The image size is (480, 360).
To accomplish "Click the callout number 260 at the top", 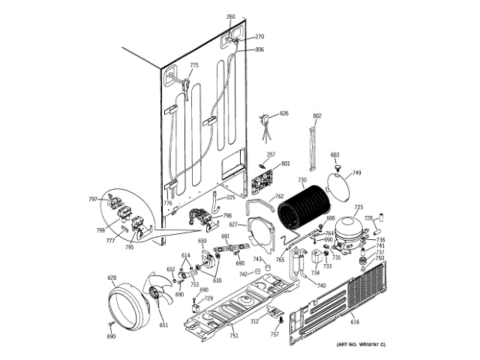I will point(231,16).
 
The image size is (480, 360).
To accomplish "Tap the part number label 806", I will point(259,50).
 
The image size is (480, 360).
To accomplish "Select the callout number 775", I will point(194,66).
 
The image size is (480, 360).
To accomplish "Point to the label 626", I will point(283,113).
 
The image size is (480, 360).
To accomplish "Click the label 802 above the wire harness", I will point(316,115).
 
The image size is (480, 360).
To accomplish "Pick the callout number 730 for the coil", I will point(301,181).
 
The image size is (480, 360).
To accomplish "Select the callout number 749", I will point(357,173).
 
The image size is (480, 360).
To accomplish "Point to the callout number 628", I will point(112,278).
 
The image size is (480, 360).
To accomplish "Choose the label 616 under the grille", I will point(355,322).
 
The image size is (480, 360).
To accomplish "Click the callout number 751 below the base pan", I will point(234,335).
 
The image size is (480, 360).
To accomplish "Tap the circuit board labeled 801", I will point(262,181).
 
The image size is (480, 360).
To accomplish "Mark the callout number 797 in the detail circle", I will point(93,199).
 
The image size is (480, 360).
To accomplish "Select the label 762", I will point(279,197).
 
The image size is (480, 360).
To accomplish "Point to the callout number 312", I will point(254,322).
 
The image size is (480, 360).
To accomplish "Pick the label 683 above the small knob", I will point(335,154).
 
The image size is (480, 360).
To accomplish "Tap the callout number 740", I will point(321,286).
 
